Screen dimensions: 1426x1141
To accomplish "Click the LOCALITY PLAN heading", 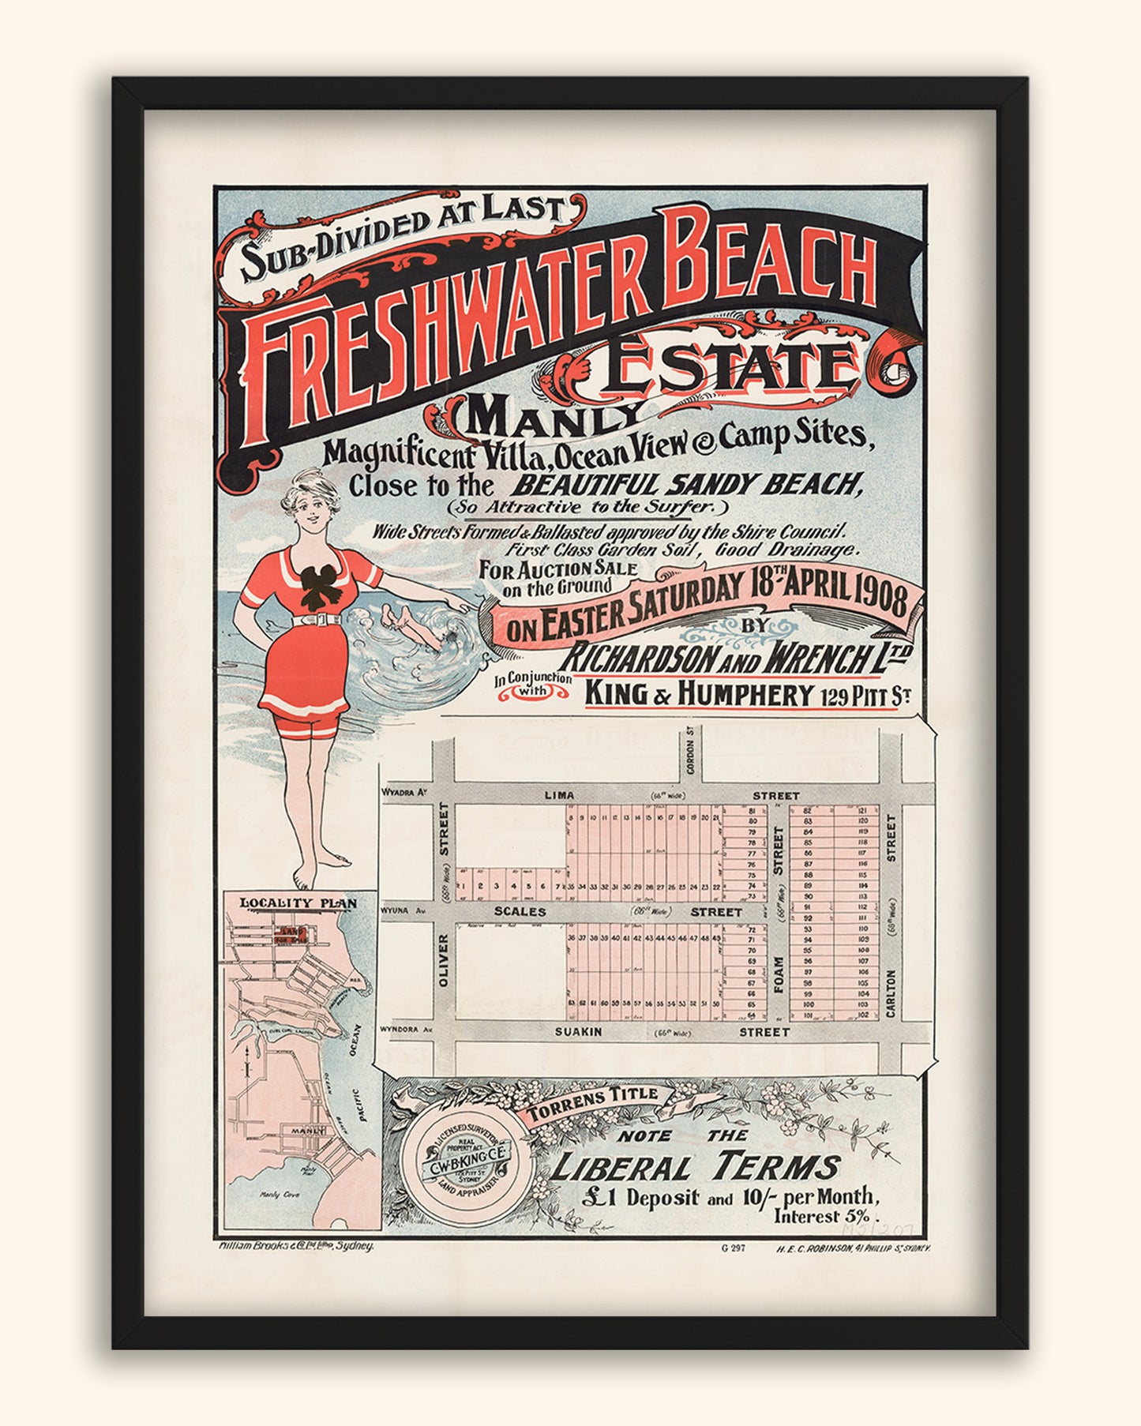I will tap(298, 903).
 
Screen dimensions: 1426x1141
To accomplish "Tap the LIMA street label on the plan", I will tap(559, 795).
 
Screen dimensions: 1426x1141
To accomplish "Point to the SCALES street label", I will tap(520, 911).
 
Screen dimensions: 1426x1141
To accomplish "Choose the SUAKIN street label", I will tap(579, 1031).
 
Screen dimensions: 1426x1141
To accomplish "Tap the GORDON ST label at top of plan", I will tap(689, 746).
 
